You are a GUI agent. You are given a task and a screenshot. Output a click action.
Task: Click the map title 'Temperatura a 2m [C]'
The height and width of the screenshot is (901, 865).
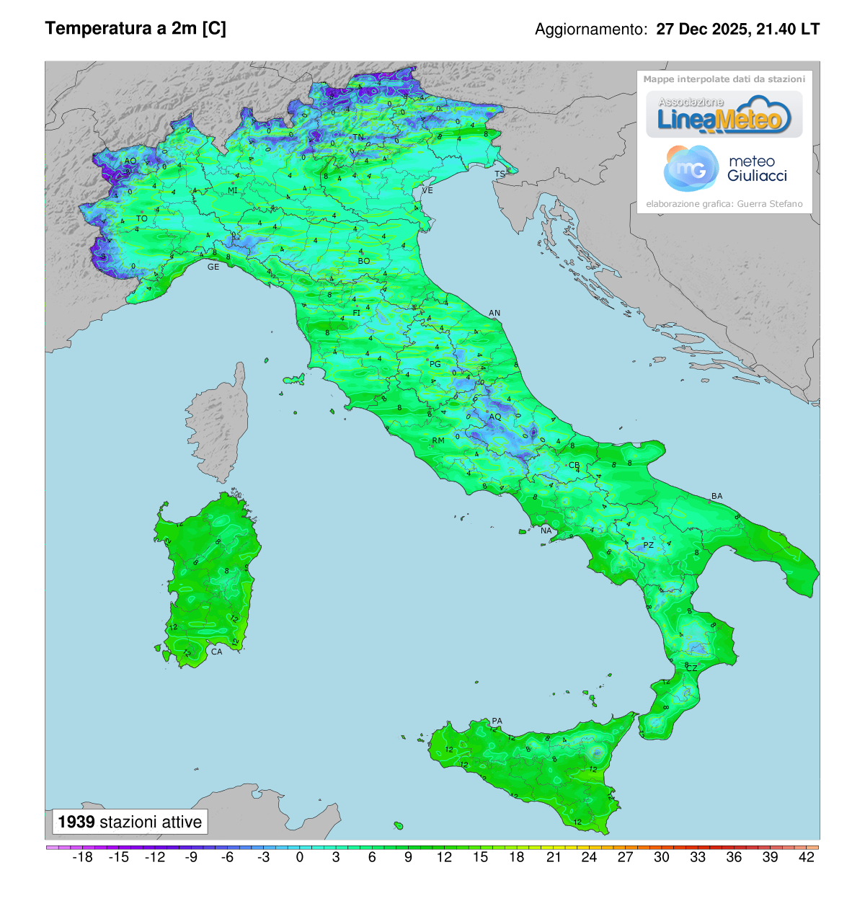[136, 29]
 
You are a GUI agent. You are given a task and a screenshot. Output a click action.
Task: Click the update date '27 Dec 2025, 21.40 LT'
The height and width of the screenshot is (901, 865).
[737, 30]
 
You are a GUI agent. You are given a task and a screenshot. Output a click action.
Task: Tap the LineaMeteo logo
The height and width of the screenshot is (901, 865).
[724, 115]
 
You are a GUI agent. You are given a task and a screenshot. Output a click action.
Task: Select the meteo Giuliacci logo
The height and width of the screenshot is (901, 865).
[725, 169]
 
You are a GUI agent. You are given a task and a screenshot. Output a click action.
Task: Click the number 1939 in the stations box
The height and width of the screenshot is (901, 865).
[76, 822]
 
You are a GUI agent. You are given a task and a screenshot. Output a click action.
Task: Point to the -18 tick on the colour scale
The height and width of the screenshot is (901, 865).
[83, 857]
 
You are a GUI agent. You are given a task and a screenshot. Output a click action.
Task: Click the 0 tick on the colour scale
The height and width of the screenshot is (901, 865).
[300, 857]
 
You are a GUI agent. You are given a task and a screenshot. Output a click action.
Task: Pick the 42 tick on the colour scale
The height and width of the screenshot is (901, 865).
[807, 857]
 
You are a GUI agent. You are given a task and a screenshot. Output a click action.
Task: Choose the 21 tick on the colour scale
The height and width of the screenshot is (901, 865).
[554, 857]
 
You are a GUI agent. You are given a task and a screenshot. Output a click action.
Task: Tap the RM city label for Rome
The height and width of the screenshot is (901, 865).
[438, 440]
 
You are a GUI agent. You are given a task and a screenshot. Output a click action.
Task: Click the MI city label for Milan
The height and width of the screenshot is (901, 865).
[232, 191]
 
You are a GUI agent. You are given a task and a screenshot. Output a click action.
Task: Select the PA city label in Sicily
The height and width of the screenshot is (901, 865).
[497, 721]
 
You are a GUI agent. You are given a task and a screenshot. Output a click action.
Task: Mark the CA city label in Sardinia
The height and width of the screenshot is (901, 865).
[216, 652]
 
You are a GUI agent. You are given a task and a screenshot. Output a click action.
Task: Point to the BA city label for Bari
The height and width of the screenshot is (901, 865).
[717, 496]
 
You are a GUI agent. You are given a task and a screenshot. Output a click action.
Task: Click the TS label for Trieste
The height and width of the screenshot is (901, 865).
[500, 174]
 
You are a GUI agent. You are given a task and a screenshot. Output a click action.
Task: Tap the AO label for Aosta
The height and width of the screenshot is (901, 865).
[130, 161]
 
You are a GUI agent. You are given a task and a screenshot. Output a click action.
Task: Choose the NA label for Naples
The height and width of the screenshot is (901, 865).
[546, 531]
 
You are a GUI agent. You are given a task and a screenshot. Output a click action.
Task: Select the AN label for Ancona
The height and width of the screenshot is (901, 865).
[494, 314]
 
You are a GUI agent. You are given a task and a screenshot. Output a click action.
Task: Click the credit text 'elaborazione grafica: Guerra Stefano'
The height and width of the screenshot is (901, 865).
[724, 204]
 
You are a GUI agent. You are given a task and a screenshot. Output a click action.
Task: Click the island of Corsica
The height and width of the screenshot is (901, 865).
[218, 425]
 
